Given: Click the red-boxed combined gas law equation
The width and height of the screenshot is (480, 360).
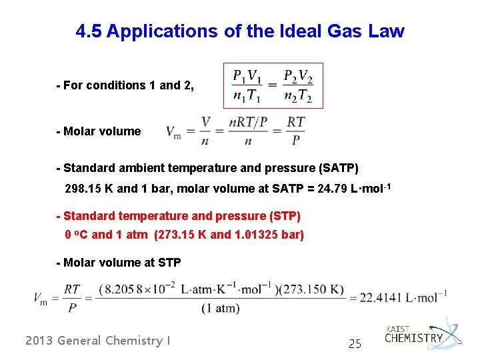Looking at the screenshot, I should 273,85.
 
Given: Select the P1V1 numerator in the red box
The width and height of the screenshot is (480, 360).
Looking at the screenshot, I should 247,75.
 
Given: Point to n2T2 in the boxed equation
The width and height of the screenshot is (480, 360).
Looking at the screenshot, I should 297,96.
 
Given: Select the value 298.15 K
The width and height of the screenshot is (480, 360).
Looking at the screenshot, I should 89,189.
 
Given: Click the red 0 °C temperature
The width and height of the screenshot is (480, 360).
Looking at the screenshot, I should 76,235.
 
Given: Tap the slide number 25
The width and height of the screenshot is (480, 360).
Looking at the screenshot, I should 355,344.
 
